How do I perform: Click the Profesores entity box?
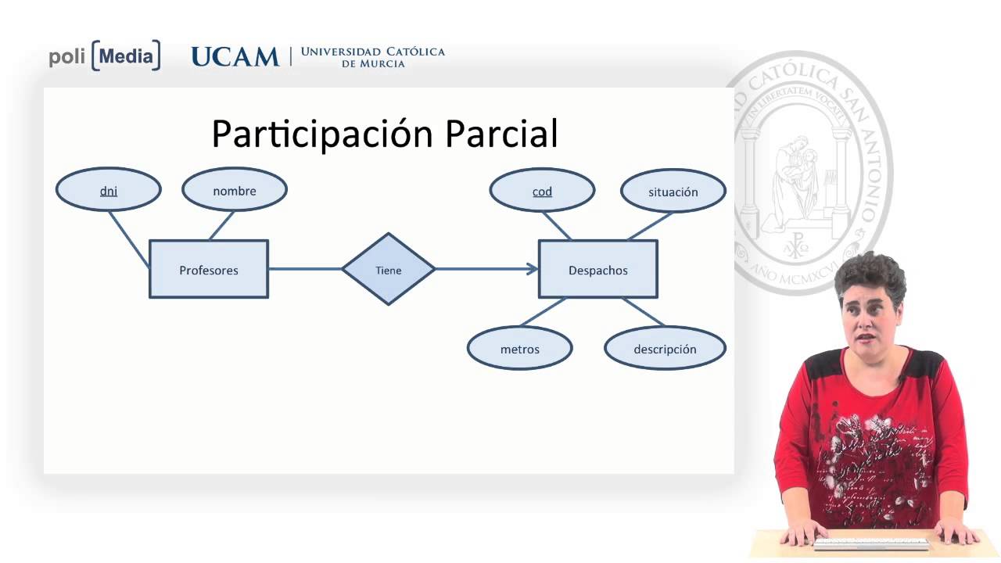point(209,270)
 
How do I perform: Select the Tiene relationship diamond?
point(389,270)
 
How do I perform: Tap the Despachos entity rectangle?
point(598,270)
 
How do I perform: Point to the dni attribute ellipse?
point(109,190)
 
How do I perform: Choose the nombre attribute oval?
point(235,190)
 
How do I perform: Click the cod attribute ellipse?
point(542,191)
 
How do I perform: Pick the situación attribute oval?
point(673,191)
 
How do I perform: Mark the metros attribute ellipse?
point(520,349)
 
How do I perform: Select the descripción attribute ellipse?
point(666,349)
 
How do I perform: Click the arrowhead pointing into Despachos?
point(533,269)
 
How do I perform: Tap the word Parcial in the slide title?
point(501,134)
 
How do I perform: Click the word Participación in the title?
point(323,134)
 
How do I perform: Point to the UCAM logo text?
point(235,56)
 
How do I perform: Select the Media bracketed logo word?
point(126,56)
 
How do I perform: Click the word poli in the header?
point(67,57)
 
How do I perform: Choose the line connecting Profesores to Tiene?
point(305,269)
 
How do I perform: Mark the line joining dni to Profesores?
point(128,239)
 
